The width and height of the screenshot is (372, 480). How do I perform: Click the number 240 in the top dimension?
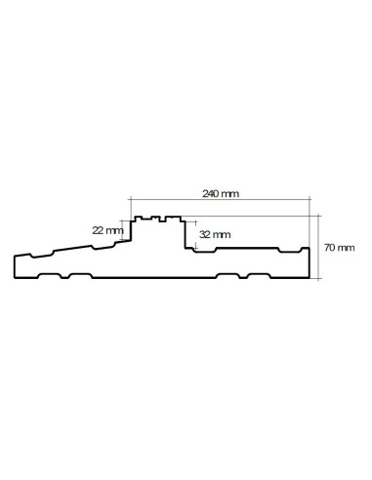click(210, 194)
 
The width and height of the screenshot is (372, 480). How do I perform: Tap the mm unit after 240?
click(229, 194)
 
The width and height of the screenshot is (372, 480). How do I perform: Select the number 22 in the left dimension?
click(98, 230)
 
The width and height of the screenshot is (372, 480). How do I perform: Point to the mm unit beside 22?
click(114, 230)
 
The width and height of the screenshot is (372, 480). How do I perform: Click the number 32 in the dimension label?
click(203, 235)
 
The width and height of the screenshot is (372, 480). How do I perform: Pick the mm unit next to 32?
click(221, 235)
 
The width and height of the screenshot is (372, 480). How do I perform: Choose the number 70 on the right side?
click(330, 249)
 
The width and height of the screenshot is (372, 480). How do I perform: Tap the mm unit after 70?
click(347, 249)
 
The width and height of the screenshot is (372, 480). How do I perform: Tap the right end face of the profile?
click(310, 262)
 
